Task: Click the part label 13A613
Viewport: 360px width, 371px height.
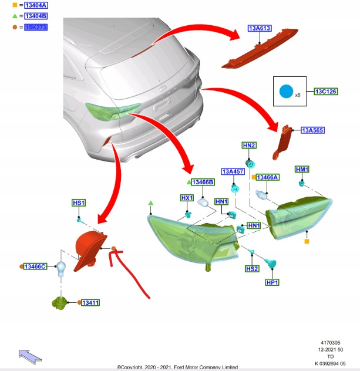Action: click(259, 28)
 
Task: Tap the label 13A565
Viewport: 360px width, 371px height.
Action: click(312, 130)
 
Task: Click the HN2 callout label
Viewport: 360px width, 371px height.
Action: click(249, 145)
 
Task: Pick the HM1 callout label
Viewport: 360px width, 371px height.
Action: click(302, 170)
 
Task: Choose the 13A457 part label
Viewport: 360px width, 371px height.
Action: click(233, 171)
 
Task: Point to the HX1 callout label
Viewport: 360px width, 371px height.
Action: click(187, 198)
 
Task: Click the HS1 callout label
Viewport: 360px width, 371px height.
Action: click(79, 203)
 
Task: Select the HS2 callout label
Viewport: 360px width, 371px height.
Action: click(252, 268)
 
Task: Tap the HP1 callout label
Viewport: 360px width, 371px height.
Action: click(272, 282)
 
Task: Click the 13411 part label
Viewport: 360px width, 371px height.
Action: click(90, 302)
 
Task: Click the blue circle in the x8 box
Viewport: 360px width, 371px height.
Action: click(285, 92)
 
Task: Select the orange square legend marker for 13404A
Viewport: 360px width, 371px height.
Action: click(15, 5)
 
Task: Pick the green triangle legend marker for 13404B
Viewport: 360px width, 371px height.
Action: click(15, 16)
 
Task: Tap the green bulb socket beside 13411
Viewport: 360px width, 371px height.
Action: click(59, 302)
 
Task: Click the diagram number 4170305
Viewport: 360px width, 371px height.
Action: click(331, 342)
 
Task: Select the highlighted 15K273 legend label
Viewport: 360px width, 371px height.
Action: click(36, 27)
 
